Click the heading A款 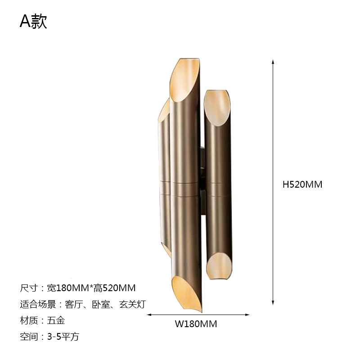(33, 21)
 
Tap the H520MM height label (302, 184)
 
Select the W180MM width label (196, 324)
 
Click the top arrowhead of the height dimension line (273, 62)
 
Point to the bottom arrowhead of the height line (273, 302)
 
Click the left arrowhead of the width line (149, 315)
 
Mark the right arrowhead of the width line (247, 315)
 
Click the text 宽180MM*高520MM (91, 288)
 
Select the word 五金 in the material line (56, 320)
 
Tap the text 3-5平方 (63, 337)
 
